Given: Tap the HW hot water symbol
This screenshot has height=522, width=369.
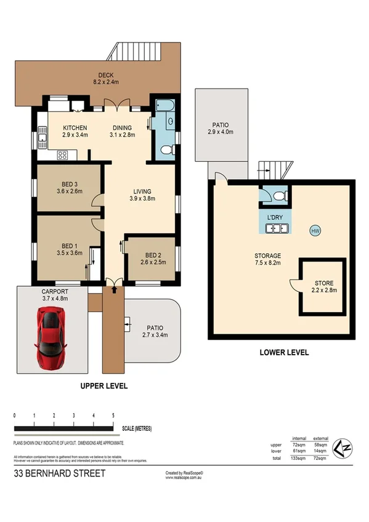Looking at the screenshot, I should [315, 231].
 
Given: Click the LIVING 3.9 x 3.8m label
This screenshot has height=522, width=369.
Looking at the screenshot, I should [142, 195].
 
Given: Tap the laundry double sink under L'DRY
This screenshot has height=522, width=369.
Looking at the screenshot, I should [277, 230].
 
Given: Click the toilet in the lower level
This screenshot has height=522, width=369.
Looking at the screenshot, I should [278, 196].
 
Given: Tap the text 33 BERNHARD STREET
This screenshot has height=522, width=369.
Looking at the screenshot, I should [59, 473].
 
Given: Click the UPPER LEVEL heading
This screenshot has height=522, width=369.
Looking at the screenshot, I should [103, 386].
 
